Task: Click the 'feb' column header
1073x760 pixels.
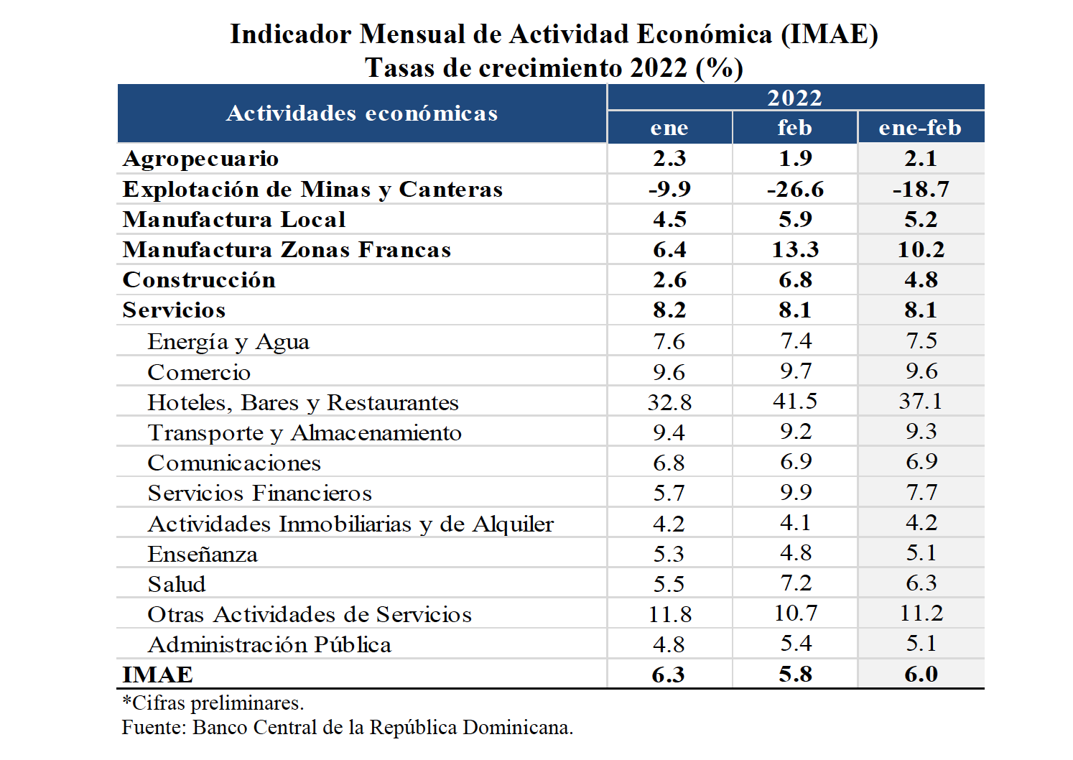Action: tap(794, 128)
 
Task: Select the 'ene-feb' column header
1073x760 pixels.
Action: tap(920, 128)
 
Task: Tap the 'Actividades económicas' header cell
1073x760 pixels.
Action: tap(362, 113)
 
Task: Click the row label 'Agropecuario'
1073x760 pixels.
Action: tap(200, 159)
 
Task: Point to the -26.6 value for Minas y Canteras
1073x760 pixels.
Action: tap(795, 190)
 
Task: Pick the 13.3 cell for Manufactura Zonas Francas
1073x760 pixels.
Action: tap(795, 250)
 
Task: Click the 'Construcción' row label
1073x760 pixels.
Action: tap(199, 280)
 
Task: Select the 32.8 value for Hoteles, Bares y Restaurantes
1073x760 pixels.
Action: tap(669, 402)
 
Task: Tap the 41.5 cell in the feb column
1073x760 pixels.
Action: tap(795, 402)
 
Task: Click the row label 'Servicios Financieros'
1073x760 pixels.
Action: tap(259, 493)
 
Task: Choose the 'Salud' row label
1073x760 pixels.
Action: tap(177, 584)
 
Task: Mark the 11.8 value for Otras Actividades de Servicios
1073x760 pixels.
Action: tap(669, 614)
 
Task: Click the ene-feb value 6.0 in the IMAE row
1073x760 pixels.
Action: tap(921, 675)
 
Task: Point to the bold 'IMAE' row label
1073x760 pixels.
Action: tap(157, 675)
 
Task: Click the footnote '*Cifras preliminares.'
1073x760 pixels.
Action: tap(213, 703)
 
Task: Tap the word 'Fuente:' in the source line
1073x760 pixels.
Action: tap(154, 728)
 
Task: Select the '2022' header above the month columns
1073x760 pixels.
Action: tap(794, 98)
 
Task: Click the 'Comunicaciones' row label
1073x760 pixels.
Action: tap(234, 463)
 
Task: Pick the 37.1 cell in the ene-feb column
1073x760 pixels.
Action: tap(921, 402)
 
